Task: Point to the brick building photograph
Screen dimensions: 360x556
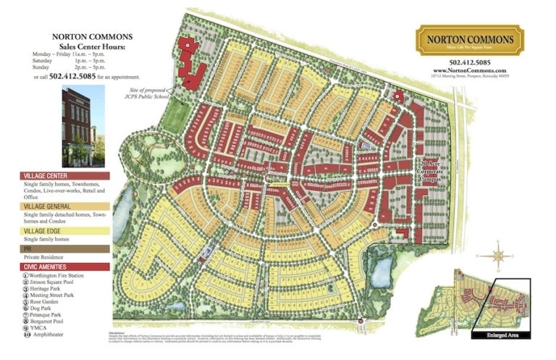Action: coord(83,127)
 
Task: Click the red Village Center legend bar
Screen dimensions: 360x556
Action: coord(65,176)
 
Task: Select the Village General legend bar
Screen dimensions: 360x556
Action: coord(65,206)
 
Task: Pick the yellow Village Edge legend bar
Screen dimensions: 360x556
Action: coord(65,231)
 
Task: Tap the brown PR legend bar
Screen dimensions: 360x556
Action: coord(65,248)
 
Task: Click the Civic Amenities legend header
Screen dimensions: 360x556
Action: coord(65,267)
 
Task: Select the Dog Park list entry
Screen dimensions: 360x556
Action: coord(45,309)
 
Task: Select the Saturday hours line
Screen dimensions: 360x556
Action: coord(79,62)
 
